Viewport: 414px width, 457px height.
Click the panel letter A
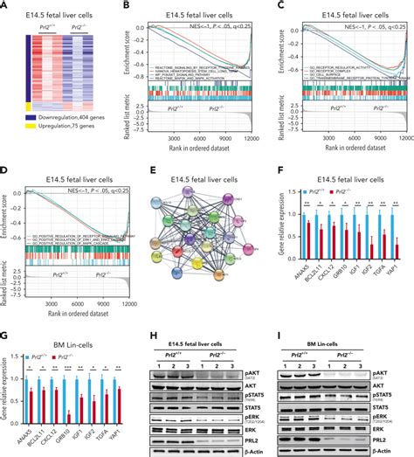[6, 6]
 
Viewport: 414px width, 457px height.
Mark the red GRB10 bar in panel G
[69, 401]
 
